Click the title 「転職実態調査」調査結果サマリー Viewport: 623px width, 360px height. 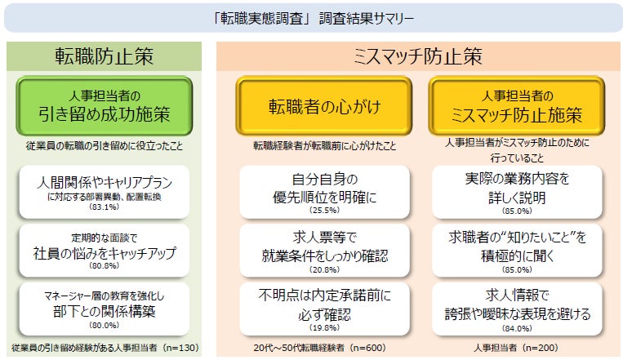[x=312, y=17]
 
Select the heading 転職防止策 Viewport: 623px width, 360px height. [x=104, y=56]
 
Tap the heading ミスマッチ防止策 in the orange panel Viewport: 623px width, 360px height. [x=417, y=56]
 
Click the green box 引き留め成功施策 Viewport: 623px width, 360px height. [x=104, y=105]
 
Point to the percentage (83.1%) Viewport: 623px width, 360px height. [x=104, y=207]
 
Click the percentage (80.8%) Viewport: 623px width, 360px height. [x=104, y=264]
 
